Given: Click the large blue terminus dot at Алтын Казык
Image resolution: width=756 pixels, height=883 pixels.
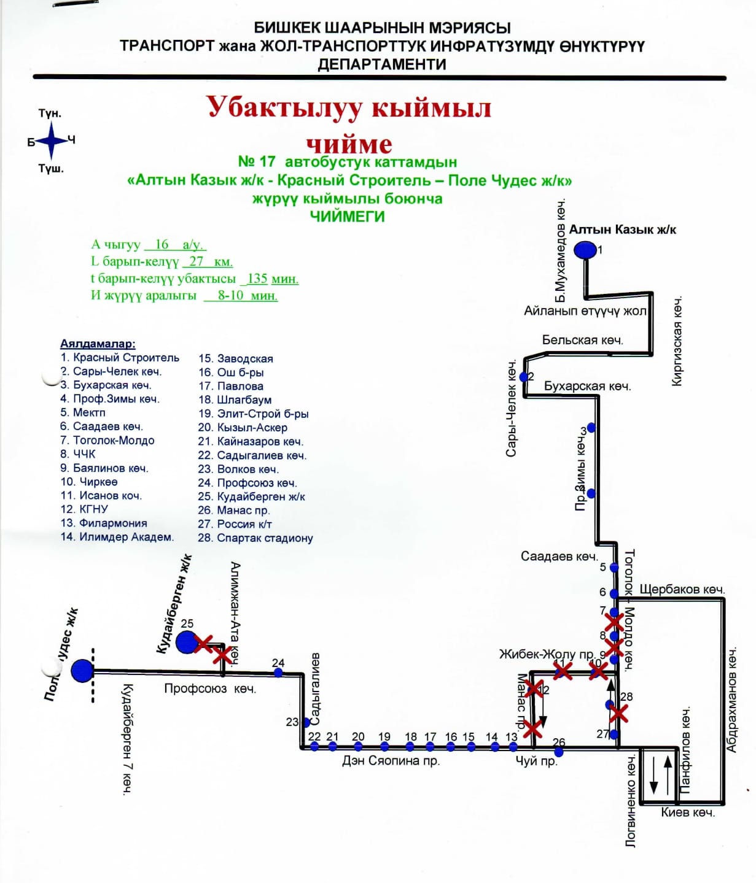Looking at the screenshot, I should click(x=585, y=250).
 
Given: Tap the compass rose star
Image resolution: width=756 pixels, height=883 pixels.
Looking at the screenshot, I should click(x=52, y=141).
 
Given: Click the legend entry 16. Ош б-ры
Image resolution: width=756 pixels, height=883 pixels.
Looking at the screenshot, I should click(x=231, y=372).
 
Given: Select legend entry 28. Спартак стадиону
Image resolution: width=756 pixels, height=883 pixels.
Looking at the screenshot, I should click(x=255, y=538).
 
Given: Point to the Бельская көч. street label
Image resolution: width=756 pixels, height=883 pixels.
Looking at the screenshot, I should click(x=582, y=340).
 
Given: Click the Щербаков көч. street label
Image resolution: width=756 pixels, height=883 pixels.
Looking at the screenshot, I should click(x=682, y=589).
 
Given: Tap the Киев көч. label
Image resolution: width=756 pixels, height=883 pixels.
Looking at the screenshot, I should click(x=688, y=812).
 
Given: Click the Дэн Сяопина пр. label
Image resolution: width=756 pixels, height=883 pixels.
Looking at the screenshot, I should click(x=391, y=761).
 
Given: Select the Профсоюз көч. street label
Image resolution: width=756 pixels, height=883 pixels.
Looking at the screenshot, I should click(x=210, y=688).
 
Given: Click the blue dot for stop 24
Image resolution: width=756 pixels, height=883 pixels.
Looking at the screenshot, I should click(x=278, y=673).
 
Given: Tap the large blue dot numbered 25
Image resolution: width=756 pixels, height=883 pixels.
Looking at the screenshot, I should click(x=186, y=642).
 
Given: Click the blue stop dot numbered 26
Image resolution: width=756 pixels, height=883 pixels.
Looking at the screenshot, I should click(x=559, y=751).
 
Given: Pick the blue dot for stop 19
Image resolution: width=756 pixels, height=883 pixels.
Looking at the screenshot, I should click(x=384, y=747).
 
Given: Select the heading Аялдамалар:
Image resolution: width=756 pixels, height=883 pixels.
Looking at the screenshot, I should click(x=98, y=344).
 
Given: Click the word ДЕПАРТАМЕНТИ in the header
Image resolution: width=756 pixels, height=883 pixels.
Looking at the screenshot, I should click(x=381, y=64).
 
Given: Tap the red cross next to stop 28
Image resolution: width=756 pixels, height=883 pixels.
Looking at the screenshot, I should click(x=618, y=713).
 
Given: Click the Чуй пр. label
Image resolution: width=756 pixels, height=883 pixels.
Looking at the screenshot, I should click(x=536, y=762).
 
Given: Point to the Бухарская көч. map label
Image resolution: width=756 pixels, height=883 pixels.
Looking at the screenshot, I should click(x=587, y=386).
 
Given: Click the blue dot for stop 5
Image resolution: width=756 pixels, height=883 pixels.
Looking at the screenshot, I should click(x=614, y=568).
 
